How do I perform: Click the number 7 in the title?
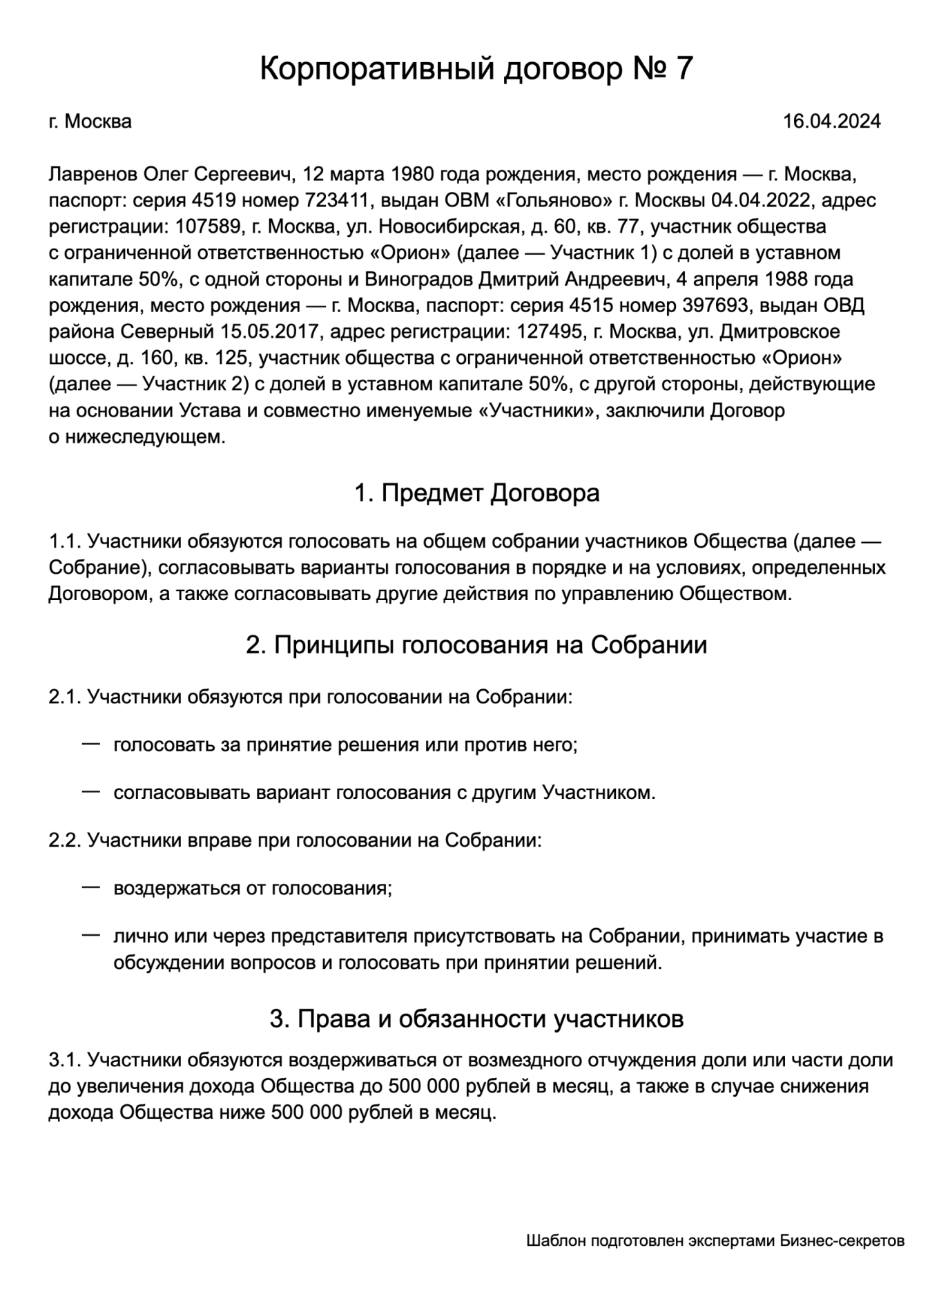(x=682, y=70)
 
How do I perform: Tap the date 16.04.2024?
(x=831, y=122)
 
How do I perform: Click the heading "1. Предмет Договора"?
(x=476, y=493)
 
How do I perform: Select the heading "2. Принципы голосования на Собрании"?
(x=476, y=645)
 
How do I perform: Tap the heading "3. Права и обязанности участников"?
(x=476, y=1019)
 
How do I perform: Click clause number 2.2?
(x=65, y=840)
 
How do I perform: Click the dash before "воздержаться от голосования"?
(x=91, y=887)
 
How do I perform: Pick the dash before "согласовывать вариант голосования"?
(x=91, y=791)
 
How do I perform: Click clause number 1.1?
(x=65, y=541)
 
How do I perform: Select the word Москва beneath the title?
(x=97, y=122)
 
